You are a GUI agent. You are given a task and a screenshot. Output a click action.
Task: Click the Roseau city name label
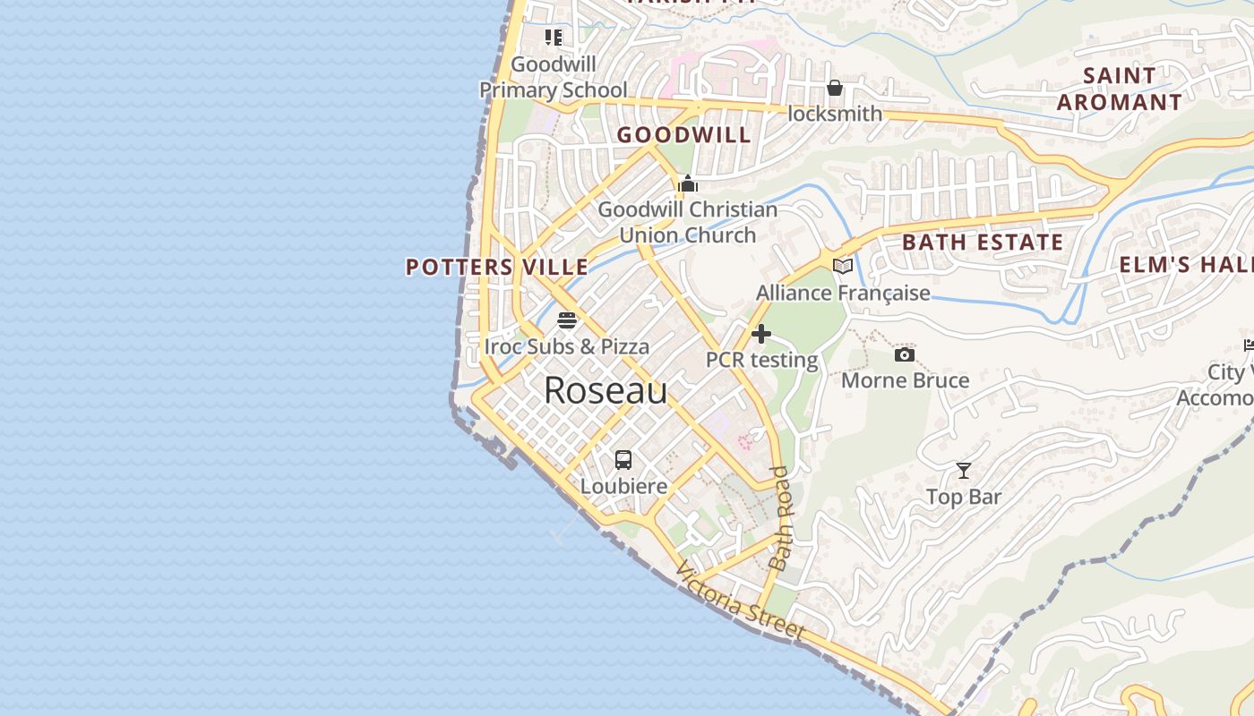(x=606, y=391)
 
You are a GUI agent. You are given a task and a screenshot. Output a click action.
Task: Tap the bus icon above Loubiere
(x=623, y=460)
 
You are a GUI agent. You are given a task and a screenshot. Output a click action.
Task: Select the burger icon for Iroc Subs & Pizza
(x=567, y=320)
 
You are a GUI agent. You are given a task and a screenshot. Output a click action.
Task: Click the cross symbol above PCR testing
(x=761, y=334)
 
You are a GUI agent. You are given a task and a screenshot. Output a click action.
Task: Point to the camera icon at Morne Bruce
(x=905, y=355)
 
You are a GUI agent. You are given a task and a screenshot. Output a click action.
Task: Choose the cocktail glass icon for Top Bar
(x=964, y=471)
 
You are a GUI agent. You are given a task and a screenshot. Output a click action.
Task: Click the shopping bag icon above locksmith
(x=835, y=88)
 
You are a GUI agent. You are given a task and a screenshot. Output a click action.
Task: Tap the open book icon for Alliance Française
(x=842, y=266)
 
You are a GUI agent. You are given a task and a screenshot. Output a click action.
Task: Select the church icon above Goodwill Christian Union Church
(x=688, y=184)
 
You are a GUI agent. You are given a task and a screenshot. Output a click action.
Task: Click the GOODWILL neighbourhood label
(x=684, y=135)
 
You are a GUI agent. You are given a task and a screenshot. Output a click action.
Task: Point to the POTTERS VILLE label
(x=497, y=267)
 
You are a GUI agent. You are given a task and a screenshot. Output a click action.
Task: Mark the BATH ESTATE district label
(x=983, y=243)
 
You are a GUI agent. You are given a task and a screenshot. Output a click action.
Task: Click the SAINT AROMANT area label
(x=1120, y=89)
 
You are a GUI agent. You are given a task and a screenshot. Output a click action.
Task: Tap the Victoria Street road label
(x=740, y=601)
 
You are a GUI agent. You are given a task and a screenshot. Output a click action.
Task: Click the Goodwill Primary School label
(x=554, y=77)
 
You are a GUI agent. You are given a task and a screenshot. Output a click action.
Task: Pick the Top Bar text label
(x=964, y=497)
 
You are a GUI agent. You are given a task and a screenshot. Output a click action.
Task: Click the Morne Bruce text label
(x=905, y=380)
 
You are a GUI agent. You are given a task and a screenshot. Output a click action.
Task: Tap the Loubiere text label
(x=624, y=486)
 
